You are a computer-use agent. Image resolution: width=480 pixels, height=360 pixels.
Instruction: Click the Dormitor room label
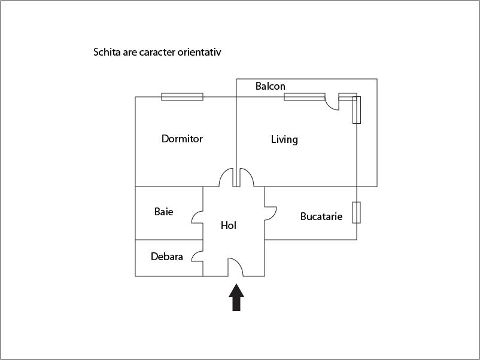(x=182, y=139)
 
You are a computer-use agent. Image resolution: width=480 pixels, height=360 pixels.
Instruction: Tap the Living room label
(x=284, y=139)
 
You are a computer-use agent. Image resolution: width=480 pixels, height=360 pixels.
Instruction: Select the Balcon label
(x=271, y=86)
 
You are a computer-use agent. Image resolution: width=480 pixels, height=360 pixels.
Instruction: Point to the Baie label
(x=164, y=212)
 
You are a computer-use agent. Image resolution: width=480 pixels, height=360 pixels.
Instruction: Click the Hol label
(x=229, y=225)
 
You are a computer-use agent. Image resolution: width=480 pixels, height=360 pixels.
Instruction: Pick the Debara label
(x=167, y=257)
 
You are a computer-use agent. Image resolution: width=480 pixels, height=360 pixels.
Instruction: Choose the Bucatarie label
(x=321, y=216)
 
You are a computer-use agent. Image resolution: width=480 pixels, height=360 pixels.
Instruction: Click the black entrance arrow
(x=236, y=297)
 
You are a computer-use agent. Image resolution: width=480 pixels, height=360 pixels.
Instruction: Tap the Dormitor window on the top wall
(x=182, y=97)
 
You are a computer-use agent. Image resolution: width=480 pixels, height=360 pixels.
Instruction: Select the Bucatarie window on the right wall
(x=356, y=212)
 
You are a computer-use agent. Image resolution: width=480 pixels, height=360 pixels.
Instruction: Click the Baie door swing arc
(x=197, y=217)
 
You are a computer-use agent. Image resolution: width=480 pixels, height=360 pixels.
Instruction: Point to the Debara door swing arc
(x=197, y=256)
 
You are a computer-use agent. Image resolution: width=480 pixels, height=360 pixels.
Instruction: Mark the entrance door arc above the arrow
(x=235, y=267)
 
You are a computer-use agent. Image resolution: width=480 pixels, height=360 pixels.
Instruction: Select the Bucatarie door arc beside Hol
(x=271, y=213)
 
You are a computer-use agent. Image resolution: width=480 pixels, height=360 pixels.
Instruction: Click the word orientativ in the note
(x=199, y=52)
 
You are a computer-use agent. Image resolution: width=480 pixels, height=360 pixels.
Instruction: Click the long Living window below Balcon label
(x=305, y=97)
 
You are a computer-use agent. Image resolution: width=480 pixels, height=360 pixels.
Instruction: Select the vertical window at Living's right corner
(x=357, y=110)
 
